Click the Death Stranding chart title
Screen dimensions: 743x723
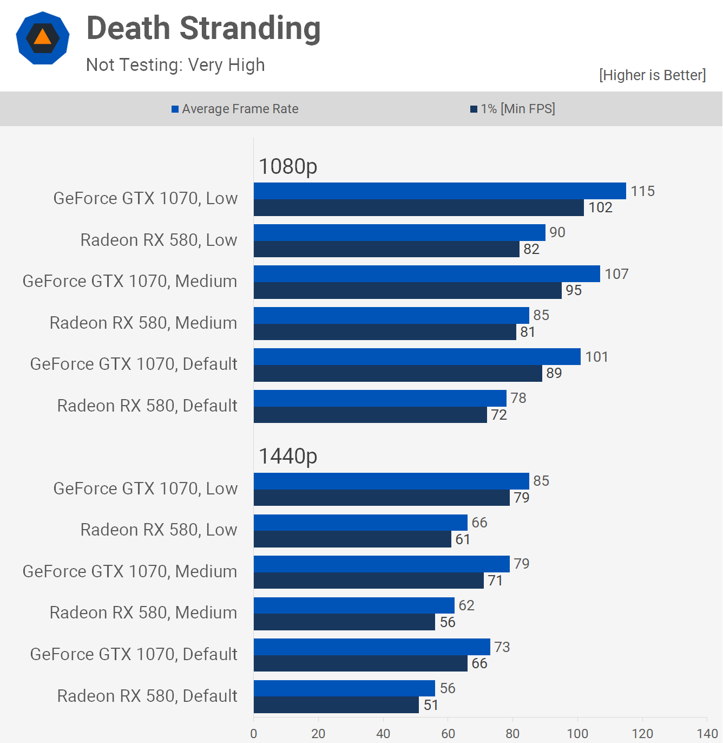click(203, 28)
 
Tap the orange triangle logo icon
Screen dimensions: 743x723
click(43, 38)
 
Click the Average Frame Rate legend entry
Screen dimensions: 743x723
click(235, 109)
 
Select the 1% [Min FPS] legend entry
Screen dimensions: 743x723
click(512, 109)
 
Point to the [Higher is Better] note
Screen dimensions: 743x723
click(652, 75)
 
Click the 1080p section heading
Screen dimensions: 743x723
click(288, 166)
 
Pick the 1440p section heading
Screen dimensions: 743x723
click(288, 456)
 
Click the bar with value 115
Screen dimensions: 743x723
click(439, 191)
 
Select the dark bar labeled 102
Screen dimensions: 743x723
click(418, 208)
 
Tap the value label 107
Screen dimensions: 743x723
click(616, 274)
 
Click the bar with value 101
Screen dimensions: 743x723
click(417, 357)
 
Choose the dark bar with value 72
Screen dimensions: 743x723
click(370, 415)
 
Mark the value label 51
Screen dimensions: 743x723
click(431, 705)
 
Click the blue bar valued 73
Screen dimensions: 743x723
click(372, 647)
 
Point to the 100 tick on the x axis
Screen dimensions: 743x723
click(577, 733)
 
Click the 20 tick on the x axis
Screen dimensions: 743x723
click(318, 733)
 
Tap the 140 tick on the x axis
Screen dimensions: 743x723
click(707, 733)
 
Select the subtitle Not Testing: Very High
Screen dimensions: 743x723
click(175, 65)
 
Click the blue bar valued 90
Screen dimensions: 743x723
click(399, 232)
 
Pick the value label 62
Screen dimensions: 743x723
click(466, 605)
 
